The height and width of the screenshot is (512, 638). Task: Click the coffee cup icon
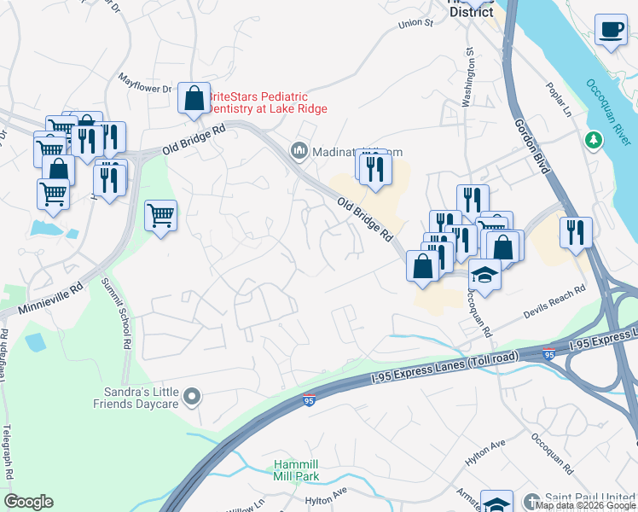pos(610,30)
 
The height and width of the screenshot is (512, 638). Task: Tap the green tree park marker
pos(591,139)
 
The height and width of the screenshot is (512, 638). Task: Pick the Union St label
pos(415,23)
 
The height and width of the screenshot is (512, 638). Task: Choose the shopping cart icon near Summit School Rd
pos(160,217)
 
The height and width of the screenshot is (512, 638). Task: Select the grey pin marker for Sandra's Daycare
pos(191,396)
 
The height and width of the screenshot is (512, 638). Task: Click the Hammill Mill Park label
pos(297,470)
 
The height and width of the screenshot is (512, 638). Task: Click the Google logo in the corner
pos(28,502)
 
